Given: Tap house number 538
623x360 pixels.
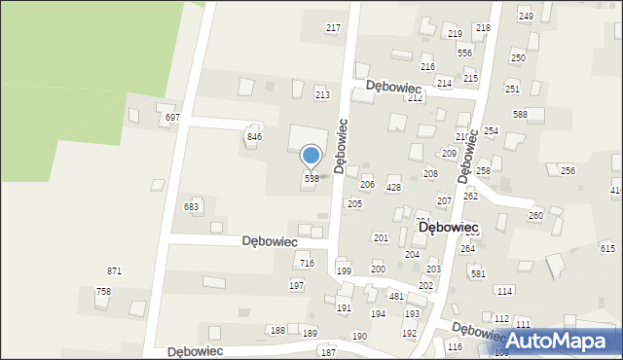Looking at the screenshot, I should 311,179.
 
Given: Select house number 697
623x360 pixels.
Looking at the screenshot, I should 172,117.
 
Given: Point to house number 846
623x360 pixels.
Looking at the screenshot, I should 254,137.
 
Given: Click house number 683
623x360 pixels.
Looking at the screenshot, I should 192,207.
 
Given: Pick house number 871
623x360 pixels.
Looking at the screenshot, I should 114,270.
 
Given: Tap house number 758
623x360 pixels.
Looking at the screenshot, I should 103,292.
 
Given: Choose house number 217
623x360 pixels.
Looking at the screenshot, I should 333,28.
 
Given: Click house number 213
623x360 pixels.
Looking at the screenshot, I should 322,94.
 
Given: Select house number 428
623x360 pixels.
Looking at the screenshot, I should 393,188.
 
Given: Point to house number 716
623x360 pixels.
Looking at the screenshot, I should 307,264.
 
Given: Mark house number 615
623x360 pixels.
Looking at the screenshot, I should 608,249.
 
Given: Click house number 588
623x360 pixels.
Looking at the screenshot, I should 520,115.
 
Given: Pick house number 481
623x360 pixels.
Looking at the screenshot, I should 396,297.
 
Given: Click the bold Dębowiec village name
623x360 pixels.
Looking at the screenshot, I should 447,227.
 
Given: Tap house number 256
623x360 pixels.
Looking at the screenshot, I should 568,170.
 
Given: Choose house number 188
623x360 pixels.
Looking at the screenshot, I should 277,331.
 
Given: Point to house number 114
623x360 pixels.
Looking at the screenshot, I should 503,292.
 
